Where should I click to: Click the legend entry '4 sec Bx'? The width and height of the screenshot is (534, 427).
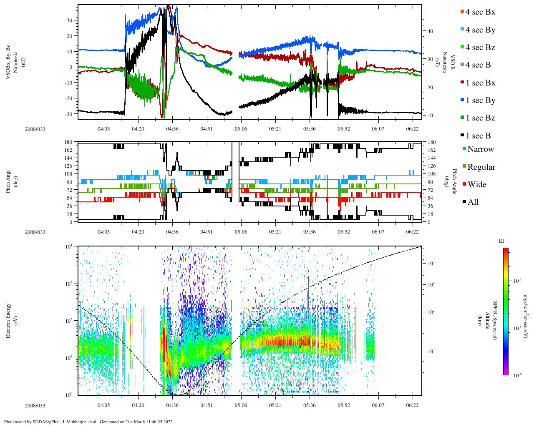(480, 12)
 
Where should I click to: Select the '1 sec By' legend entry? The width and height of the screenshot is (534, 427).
(480, 100)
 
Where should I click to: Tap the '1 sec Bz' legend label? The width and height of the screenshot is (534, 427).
(480, 118)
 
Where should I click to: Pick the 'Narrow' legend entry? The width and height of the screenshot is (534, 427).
(480, 149)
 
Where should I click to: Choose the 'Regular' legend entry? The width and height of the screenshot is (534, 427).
(481, 167)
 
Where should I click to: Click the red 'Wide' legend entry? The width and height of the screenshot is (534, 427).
(477, 185)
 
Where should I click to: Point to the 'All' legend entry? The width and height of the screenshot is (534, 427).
(473, 202)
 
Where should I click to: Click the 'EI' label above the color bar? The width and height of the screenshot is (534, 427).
(501, 241)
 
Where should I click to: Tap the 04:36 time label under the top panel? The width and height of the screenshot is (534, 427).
(172, 129)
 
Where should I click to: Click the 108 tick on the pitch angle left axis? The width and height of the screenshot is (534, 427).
(68, 174)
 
